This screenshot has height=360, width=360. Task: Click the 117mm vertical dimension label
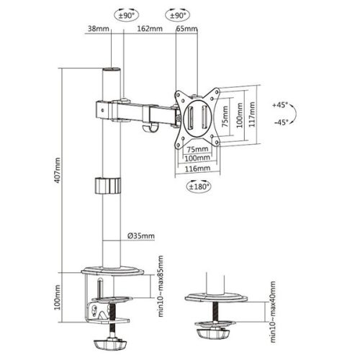click(251, 111)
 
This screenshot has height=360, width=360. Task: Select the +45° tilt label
click(281, 104)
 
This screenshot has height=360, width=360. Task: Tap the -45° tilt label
click(281, 122)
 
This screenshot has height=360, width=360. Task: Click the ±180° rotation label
click(197, 186)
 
